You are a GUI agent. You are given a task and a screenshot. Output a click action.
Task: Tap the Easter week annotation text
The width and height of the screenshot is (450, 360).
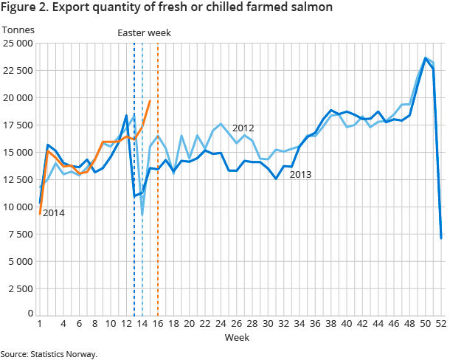pyautogui.click(x=145, y=32)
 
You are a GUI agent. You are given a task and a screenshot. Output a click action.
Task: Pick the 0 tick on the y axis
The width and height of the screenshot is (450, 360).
pyautogui.click(x=29, y=313)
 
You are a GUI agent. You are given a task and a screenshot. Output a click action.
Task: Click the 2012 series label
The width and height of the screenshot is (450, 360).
pyautogui.click(x=243, y=128)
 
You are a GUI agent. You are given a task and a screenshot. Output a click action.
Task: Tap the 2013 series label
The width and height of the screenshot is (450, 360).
pyautogui.click(x=301, y=175)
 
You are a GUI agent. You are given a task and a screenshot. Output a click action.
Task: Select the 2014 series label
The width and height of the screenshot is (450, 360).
pyautogui.click(x=53, y=213)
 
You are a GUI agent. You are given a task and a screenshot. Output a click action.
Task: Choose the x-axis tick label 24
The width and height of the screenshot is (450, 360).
pyautogui.click(x=221, y=323)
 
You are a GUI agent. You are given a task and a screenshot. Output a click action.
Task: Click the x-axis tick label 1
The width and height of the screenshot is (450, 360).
pyautogui.click(x=39, y=323)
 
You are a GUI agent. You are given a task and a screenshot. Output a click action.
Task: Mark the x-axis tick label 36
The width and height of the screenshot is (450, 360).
pyautogui.click(x=315, y=323)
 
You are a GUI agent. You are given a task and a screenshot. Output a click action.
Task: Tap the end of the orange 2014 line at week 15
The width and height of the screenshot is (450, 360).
pyautogui.click(x=150, y=101)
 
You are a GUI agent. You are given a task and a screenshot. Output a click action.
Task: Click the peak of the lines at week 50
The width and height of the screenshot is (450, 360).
pyautogui.click(x=426, y=58)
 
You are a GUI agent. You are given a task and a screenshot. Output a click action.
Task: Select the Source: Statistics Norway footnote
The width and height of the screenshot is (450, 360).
pyautogui.click(x=49, y=354)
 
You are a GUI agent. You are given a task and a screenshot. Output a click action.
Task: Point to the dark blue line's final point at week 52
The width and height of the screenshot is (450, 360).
pyautogui.click(x=441, y=238)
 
